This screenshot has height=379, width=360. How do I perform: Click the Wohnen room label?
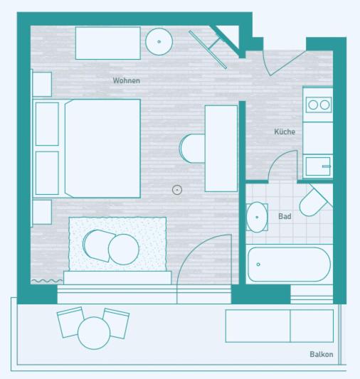[126, 80]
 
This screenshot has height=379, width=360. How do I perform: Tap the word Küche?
[285, 132]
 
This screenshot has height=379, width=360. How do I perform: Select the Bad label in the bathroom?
[285, 216]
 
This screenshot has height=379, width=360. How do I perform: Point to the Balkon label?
[322, 354]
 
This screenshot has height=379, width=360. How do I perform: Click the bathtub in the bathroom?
[289, 265]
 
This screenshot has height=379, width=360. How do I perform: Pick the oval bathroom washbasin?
[257, 217]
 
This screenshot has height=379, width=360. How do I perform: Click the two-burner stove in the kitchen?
[319, 105]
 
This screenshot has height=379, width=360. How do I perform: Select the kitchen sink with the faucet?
[318, 166]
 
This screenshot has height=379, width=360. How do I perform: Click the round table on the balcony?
[94, 333]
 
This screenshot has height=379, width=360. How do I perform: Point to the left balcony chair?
[70, 322]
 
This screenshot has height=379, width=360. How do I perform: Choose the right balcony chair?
[116, 323]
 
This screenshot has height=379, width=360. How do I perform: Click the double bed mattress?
[102, 149]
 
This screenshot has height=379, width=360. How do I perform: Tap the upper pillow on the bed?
[47, 124]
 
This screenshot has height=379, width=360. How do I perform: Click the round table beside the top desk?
[159, 41]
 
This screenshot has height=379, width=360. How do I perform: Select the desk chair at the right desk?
[192, 149]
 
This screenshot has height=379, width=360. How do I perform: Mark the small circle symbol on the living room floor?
[177, 190]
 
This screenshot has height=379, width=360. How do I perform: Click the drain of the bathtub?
[258, 265]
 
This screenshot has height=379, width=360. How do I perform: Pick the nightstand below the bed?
[42, 212]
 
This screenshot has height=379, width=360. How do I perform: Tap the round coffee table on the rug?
[124, 250]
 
